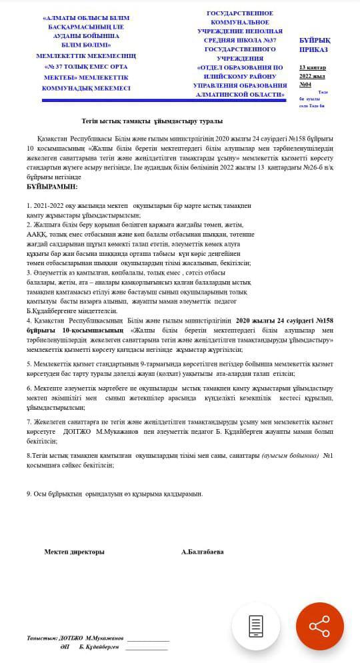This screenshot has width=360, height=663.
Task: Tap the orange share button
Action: tap(319, 626)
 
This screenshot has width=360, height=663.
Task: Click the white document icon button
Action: tap(255, 626)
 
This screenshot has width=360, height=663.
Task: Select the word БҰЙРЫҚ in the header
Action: tap(315, 40)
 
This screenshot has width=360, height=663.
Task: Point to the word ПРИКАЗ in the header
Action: tap(313, 49)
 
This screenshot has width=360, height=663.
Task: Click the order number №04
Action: tap(305, 85)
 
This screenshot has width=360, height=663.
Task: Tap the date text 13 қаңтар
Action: tap(312, 67)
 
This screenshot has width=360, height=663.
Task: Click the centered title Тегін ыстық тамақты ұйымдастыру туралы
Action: tap(152, 121)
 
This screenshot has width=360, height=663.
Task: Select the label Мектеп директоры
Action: tap(74, 552)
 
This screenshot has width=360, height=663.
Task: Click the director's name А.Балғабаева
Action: tap(202, 552)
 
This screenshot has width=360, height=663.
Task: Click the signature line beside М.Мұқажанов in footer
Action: tap(148, 640)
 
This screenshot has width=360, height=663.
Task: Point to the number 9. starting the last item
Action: tap(29, 494)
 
